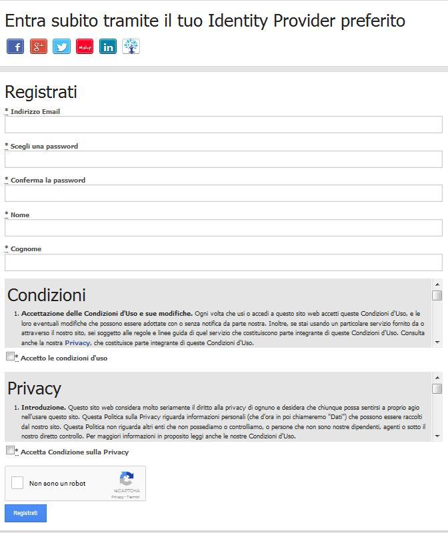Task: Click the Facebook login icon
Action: (x=15, y=47)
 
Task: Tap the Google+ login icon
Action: (x=39, y=47)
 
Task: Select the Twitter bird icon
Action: (x=61, y=47)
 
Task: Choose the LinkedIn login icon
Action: (x=107, y=47)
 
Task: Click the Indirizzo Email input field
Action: (x=223, y=125)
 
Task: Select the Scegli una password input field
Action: (x=223, y=159)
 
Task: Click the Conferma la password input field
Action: (x=223, y=193)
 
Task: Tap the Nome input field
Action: (x=223, y=228)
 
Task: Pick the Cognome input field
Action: (x=223, y=262)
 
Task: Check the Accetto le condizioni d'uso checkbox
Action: (x=10, y=356)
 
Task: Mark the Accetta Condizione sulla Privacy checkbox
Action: (x=10, y=450)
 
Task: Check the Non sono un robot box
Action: (x=18, y=483)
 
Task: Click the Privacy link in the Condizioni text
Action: (x=77, y=343)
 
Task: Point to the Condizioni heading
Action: (x=47, y=295)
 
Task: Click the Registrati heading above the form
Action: (x=41, y=92)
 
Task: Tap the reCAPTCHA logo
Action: (x=127, y=480)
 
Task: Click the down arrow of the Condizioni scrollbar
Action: (x=437, y=342)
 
